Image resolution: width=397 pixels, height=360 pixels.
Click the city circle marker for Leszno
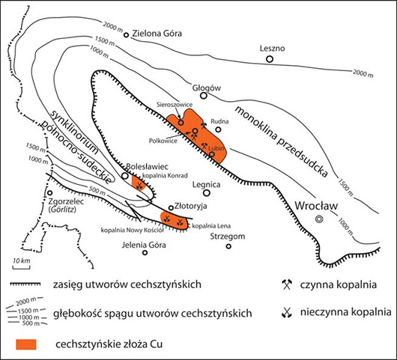click(x=270, y=59)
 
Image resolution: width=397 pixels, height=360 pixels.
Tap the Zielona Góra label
click(x=157, y=34)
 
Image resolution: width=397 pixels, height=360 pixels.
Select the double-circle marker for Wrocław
click(x=319, y=219)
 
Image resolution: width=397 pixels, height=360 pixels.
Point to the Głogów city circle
click(x=204, y=96)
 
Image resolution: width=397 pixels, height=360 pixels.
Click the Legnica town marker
click(x=207, y=193)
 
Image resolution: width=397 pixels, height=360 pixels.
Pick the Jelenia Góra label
click(x=144, y=245)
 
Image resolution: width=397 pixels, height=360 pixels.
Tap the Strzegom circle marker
click(x=228, y=246)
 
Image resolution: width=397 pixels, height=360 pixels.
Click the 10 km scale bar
click(x=22, y=266)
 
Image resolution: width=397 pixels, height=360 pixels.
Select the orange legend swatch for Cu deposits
click(x=26, y=344)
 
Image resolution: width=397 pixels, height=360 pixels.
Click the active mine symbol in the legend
click(x=287, y=284)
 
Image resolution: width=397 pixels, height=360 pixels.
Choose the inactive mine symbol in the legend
click(x=287, y=312)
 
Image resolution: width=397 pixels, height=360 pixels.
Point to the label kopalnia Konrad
click(x=165, y=176)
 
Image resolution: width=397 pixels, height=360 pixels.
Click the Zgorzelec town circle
click(x=50, y=193)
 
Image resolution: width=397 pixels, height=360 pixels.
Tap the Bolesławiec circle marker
click(x=125, y=176)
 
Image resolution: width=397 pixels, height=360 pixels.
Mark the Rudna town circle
click(x=218, y=129)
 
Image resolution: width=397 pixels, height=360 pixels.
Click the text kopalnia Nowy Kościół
click(x=133, y=231)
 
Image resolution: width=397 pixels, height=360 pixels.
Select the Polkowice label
click(x=163, y=141)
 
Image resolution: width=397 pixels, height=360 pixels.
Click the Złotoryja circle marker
click(x=171, y=208)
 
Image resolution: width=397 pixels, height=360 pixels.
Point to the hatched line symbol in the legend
click(x=25, y=284)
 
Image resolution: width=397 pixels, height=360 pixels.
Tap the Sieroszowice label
click(x=175, y=105)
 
